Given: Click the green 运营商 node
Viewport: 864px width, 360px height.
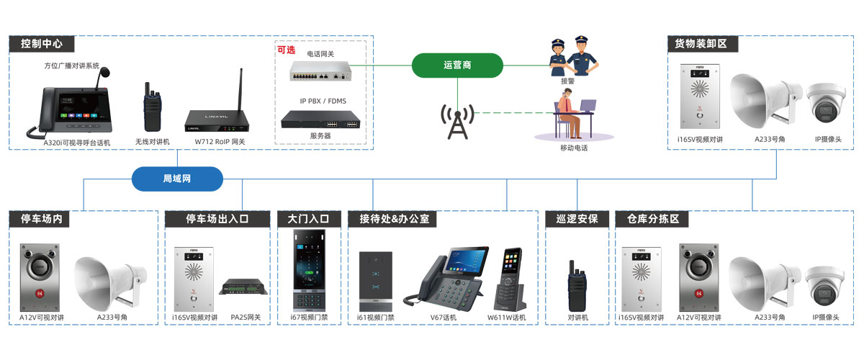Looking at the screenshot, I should click(457, 65).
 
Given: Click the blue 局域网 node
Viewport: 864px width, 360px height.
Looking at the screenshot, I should click(176, 178).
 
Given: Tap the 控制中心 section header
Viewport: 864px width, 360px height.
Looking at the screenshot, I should click(42, 43).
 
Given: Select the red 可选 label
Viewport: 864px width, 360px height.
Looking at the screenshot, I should click(287, 50).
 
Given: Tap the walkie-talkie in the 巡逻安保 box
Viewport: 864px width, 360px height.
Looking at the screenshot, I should click(577, 284).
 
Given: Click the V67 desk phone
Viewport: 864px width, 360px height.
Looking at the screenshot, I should click(446, 277).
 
